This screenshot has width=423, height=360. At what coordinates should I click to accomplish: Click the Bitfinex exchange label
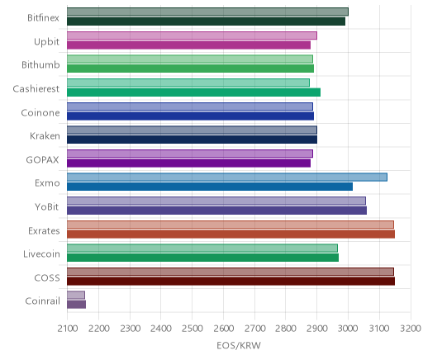(43, 18)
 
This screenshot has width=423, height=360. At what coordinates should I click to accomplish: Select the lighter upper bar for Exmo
(227, 178)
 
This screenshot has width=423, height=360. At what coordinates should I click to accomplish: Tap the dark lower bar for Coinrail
(76, 305)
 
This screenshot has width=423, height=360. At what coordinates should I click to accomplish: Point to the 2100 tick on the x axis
(68, 329)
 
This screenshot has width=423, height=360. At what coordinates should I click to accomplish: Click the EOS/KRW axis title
(239, 345)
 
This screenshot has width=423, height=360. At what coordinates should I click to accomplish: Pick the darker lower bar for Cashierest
(193, 92)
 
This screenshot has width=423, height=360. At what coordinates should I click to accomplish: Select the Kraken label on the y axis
(45, 136)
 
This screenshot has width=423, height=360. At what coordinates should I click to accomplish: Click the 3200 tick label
(411, 329)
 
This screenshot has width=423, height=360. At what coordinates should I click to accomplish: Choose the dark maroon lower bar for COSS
(231, 282)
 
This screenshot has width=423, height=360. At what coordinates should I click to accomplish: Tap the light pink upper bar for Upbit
(192, 36)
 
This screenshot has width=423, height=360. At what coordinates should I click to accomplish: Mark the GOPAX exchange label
(42, 160)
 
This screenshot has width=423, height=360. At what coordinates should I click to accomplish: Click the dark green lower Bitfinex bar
(206, 21)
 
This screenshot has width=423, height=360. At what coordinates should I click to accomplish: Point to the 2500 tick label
(192, 329)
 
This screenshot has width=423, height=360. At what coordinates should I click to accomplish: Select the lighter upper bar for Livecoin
(202, 248)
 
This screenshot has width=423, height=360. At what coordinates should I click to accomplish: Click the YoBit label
(47, 206)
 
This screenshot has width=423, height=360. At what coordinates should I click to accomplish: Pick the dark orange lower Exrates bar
(231, 234)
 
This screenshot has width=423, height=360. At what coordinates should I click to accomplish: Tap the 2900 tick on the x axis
(317, 329)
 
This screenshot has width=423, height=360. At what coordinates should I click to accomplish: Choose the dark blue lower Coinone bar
(190, 116)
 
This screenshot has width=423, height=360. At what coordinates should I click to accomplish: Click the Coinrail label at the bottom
(42, 301)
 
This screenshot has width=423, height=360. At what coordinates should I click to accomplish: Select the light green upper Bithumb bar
(190, 59)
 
